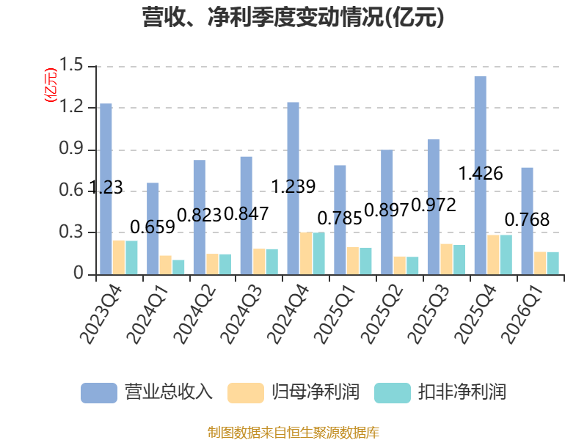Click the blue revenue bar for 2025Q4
pos(481,175)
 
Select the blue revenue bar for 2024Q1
pos(153,229)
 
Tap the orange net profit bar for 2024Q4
pos(306,253)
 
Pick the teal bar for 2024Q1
pos(178,267)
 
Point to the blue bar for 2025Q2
pos(387,212)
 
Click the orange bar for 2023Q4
pos(119,257)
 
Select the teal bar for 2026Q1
pos(553,263)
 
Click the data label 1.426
pos(481,174)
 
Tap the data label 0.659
pos(153,227)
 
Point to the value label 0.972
pos(434,205)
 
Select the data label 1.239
pos(293,186)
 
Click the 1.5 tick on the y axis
pos(71,65)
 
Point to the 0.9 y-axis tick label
pos(71,149)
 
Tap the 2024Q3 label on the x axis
pos(241,315)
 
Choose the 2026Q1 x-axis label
pos(522,315)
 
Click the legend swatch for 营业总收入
pos(99,393)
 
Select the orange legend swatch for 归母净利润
pos(246,393)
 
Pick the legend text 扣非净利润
pos(462,392)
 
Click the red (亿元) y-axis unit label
pos(51,85)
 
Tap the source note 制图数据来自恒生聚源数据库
pos(293,433)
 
